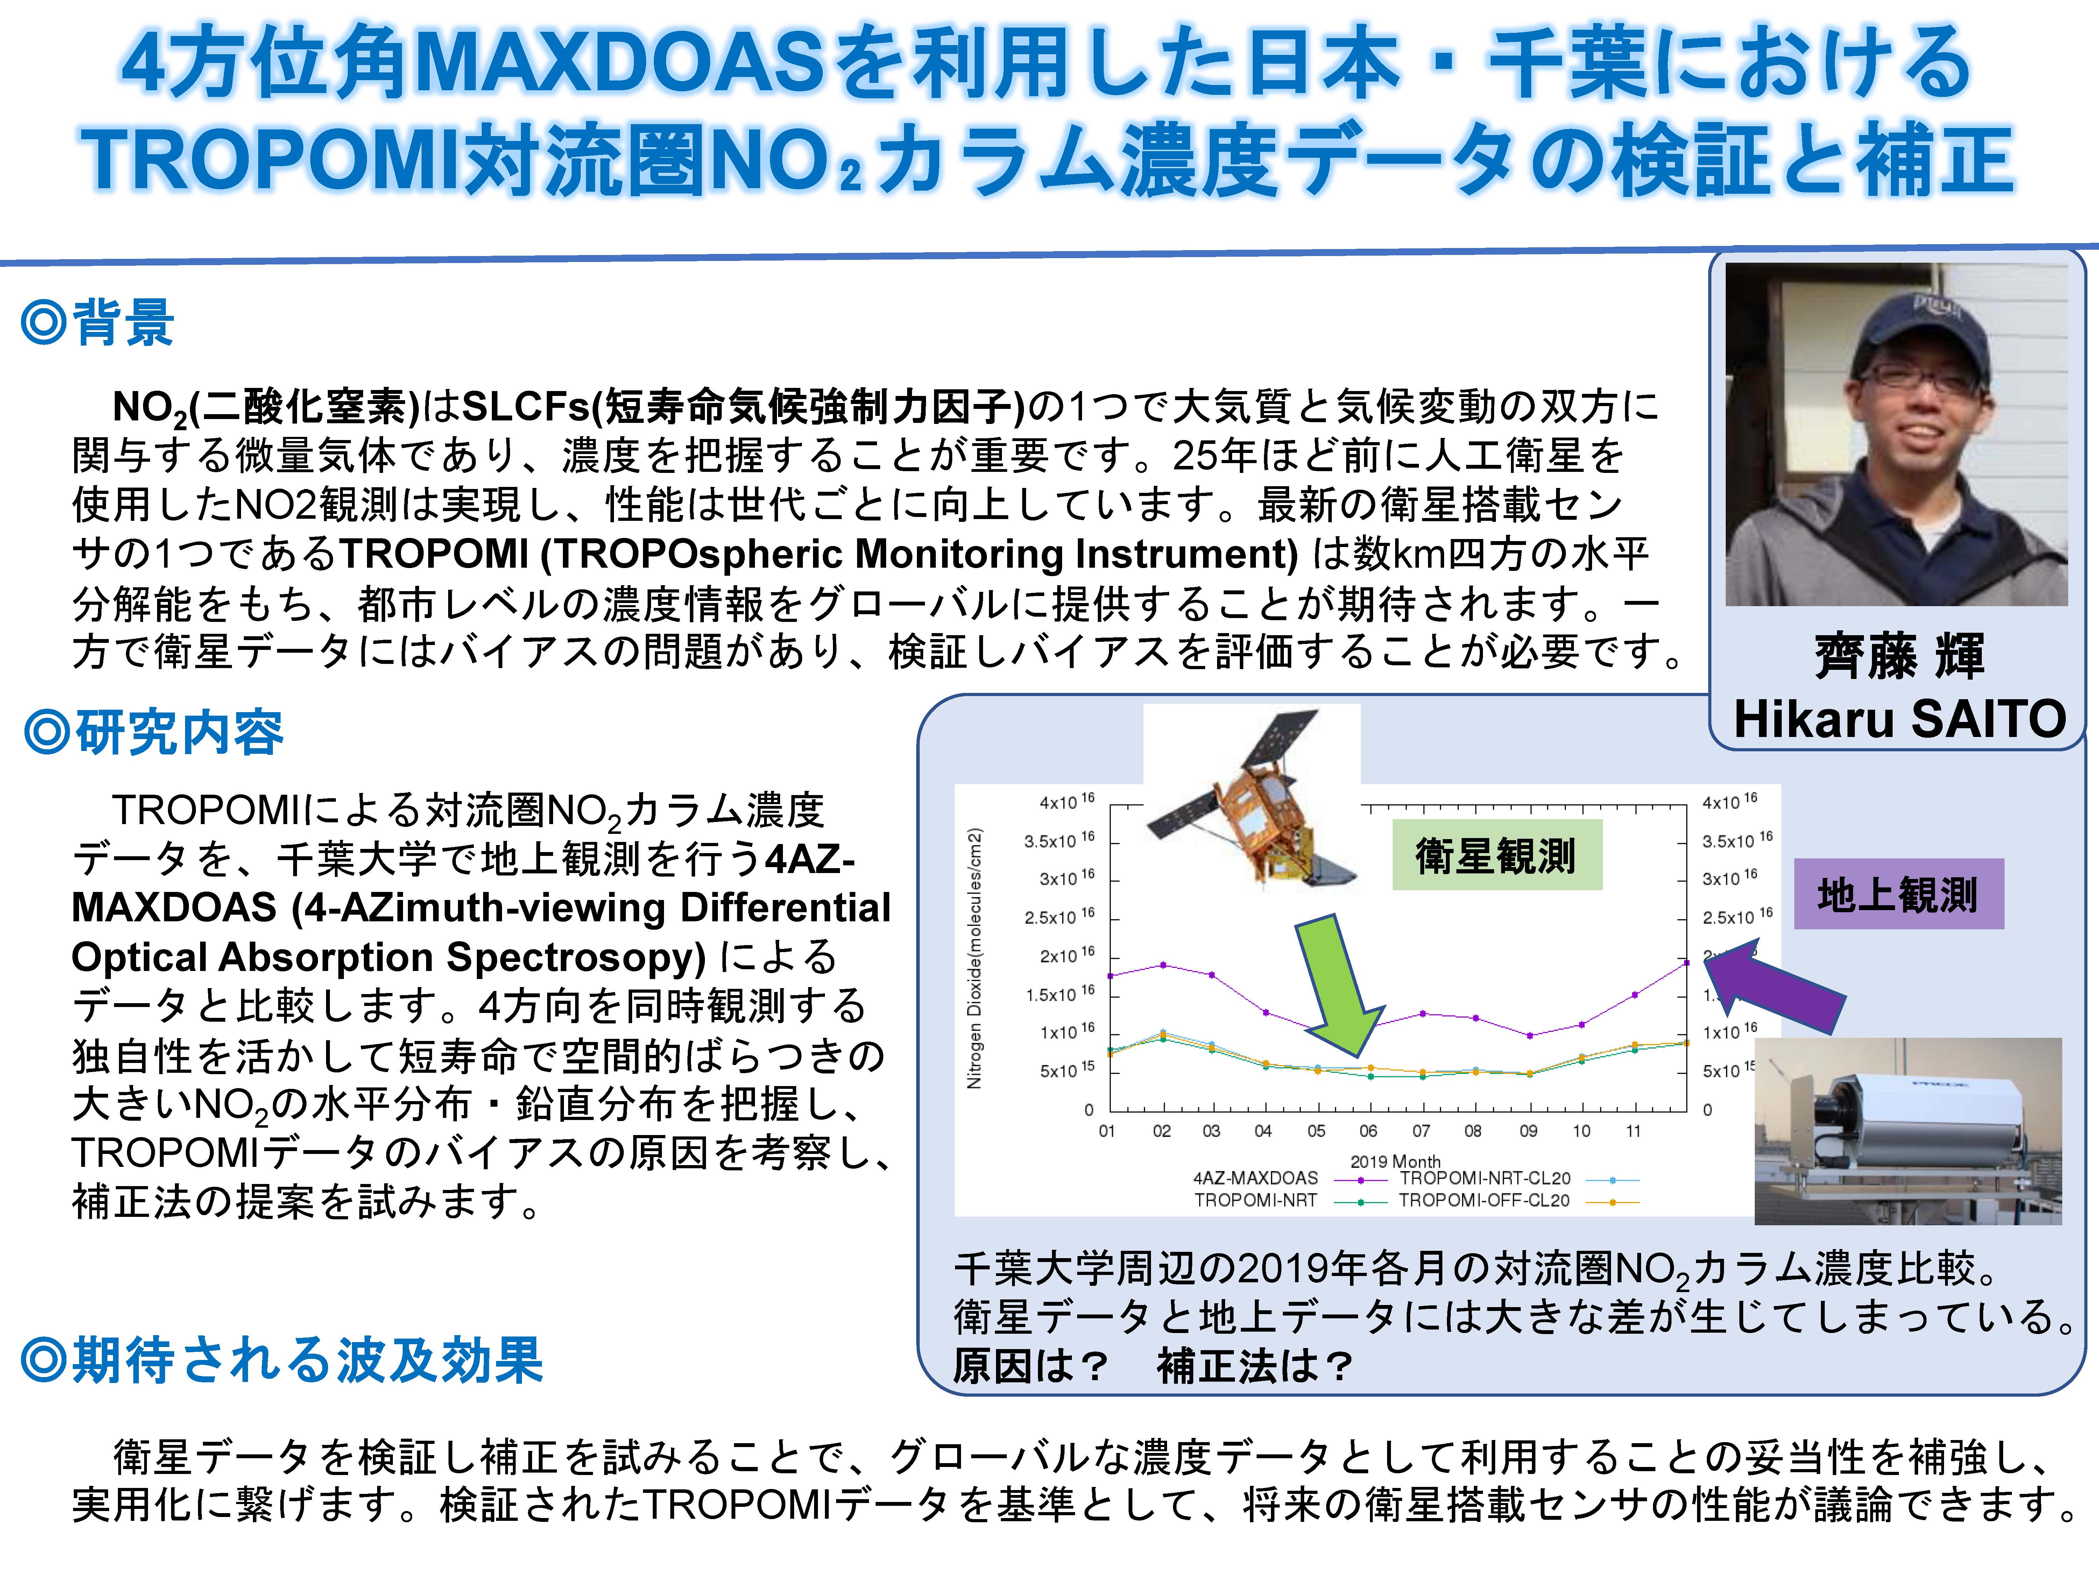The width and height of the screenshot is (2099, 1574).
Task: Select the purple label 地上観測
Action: coord(1898,894)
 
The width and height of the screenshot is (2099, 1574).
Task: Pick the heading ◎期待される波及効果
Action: coord(282,1360)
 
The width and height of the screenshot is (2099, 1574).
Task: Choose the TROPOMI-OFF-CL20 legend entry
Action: coord(1518,1200)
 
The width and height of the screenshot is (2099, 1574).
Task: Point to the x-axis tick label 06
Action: coord(1367,1131)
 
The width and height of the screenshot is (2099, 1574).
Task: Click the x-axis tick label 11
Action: coord(1633,1131)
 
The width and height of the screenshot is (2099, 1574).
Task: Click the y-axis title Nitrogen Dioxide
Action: coord(974,958)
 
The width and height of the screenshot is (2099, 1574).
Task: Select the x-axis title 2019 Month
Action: coord(1395,1161)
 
